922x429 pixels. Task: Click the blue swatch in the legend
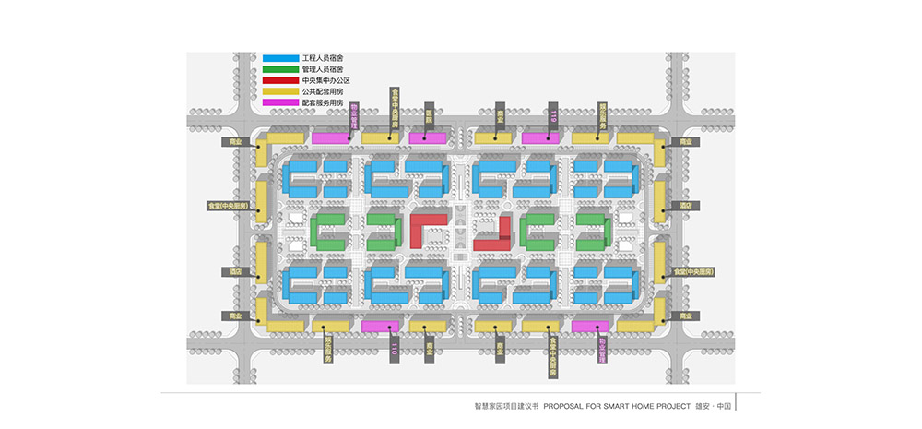pos(280,58)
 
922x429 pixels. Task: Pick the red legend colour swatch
pos(280,80)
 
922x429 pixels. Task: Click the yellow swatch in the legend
pos(280,91)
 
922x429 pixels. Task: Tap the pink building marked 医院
pos(429,137)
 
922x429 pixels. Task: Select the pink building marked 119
pos(541,138)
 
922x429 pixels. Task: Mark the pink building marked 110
pos(380,326)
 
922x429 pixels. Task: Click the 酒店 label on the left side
pos(236,272)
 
